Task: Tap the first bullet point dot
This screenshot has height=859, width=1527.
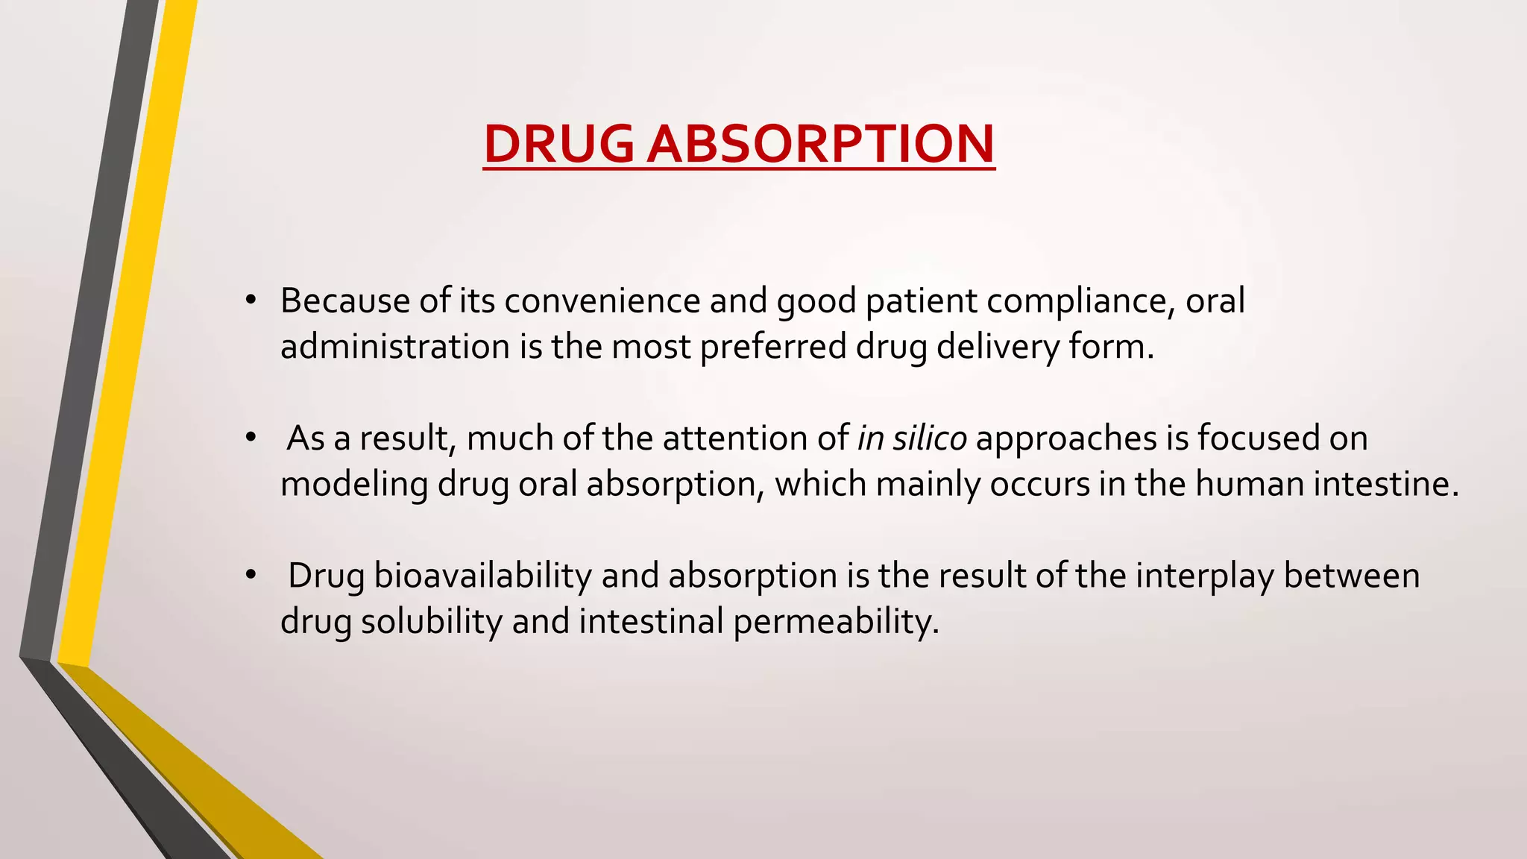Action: [x=251, y=301]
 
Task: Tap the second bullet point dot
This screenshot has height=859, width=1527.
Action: [x=251, y=438]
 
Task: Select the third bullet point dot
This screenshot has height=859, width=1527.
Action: [x=251, y=575]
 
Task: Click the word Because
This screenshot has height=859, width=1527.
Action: [x=345, y=301]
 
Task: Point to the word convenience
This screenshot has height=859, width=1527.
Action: [x=602, y=301]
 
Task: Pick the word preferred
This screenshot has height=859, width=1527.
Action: [x=773, y=347]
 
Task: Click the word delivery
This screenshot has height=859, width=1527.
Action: [x=998, y=347]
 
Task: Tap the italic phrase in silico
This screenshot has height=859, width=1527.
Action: [x=912, y=438]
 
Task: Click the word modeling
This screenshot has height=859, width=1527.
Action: [x=354, y=485]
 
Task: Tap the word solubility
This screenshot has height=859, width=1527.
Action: [x=432, y=622]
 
